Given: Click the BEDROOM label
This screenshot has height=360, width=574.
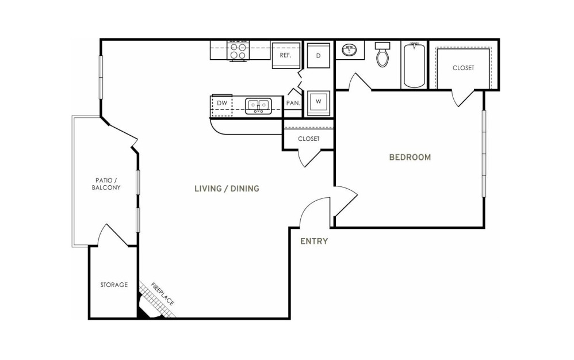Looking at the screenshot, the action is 410,158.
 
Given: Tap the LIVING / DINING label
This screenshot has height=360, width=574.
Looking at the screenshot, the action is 227,189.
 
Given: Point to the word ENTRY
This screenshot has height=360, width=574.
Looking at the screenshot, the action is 314,241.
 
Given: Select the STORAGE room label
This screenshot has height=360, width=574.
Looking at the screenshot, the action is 114,285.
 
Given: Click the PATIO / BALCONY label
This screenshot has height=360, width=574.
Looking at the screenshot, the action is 106,184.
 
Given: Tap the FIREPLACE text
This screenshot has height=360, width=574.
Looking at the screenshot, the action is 162,294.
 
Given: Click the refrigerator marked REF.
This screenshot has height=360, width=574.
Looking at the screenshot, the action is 286,55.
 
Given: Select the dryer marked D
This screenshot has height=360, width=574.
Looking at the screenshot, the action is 319,56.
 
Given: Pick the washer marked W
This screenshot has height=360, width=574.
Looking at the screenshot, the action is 319,103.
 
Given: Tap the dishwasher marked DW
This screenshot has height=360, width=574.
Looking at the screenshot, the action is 222,105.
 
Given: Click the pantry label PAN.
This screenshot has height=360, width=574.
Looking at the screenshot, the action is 293,103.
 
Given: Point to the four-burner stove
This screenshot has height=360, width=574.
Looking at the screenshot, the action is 238,51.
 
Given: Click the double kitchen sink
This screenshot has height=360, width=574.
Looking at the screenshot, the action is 258,106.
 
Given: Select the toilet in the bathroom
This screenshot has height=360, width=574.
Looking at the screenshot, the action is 382,55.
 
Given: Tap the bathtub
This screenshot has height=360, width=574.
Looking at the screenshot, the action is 414,65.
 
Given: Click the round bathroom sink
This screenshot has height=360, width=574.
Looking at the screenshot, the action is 350,50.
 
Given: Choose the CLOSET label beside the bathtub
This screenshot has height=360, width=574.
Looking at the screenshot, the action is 464,68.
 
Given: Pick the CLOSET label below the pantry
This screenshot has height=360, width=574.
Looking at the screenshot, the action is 309,139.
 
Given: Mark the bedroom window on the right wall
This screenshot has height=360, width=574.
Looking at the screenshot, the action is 484,154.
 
